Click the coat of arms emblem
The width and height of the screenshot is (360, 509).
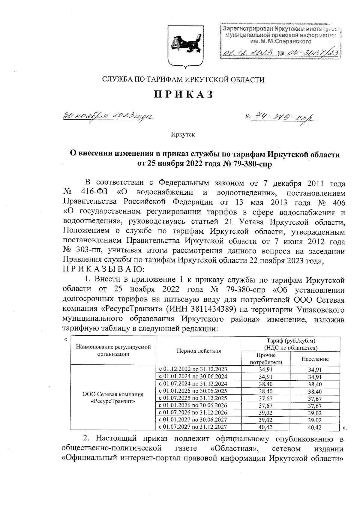coord(183,46)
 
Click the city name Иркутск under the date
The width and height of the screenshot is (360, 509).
coord(183,134)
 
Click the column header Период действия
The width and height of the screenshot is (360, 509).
coord(199,351)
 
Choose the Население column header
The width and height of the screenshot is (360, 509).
coord(315,359)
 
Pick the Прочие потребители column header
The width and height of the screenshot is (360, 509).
coord(266,359)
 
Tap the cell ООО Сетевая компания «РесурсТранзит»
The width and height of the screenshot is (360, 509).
coord(113,398)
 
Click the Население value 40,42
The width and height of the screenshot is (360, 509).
coord(315,427)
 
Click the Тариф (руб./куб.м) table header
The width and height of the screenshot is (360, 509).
coord(291,344)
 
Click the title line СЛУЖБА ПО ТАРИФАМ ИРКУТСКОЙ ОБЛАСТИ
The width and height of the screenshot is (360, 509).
coord(183,79)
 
